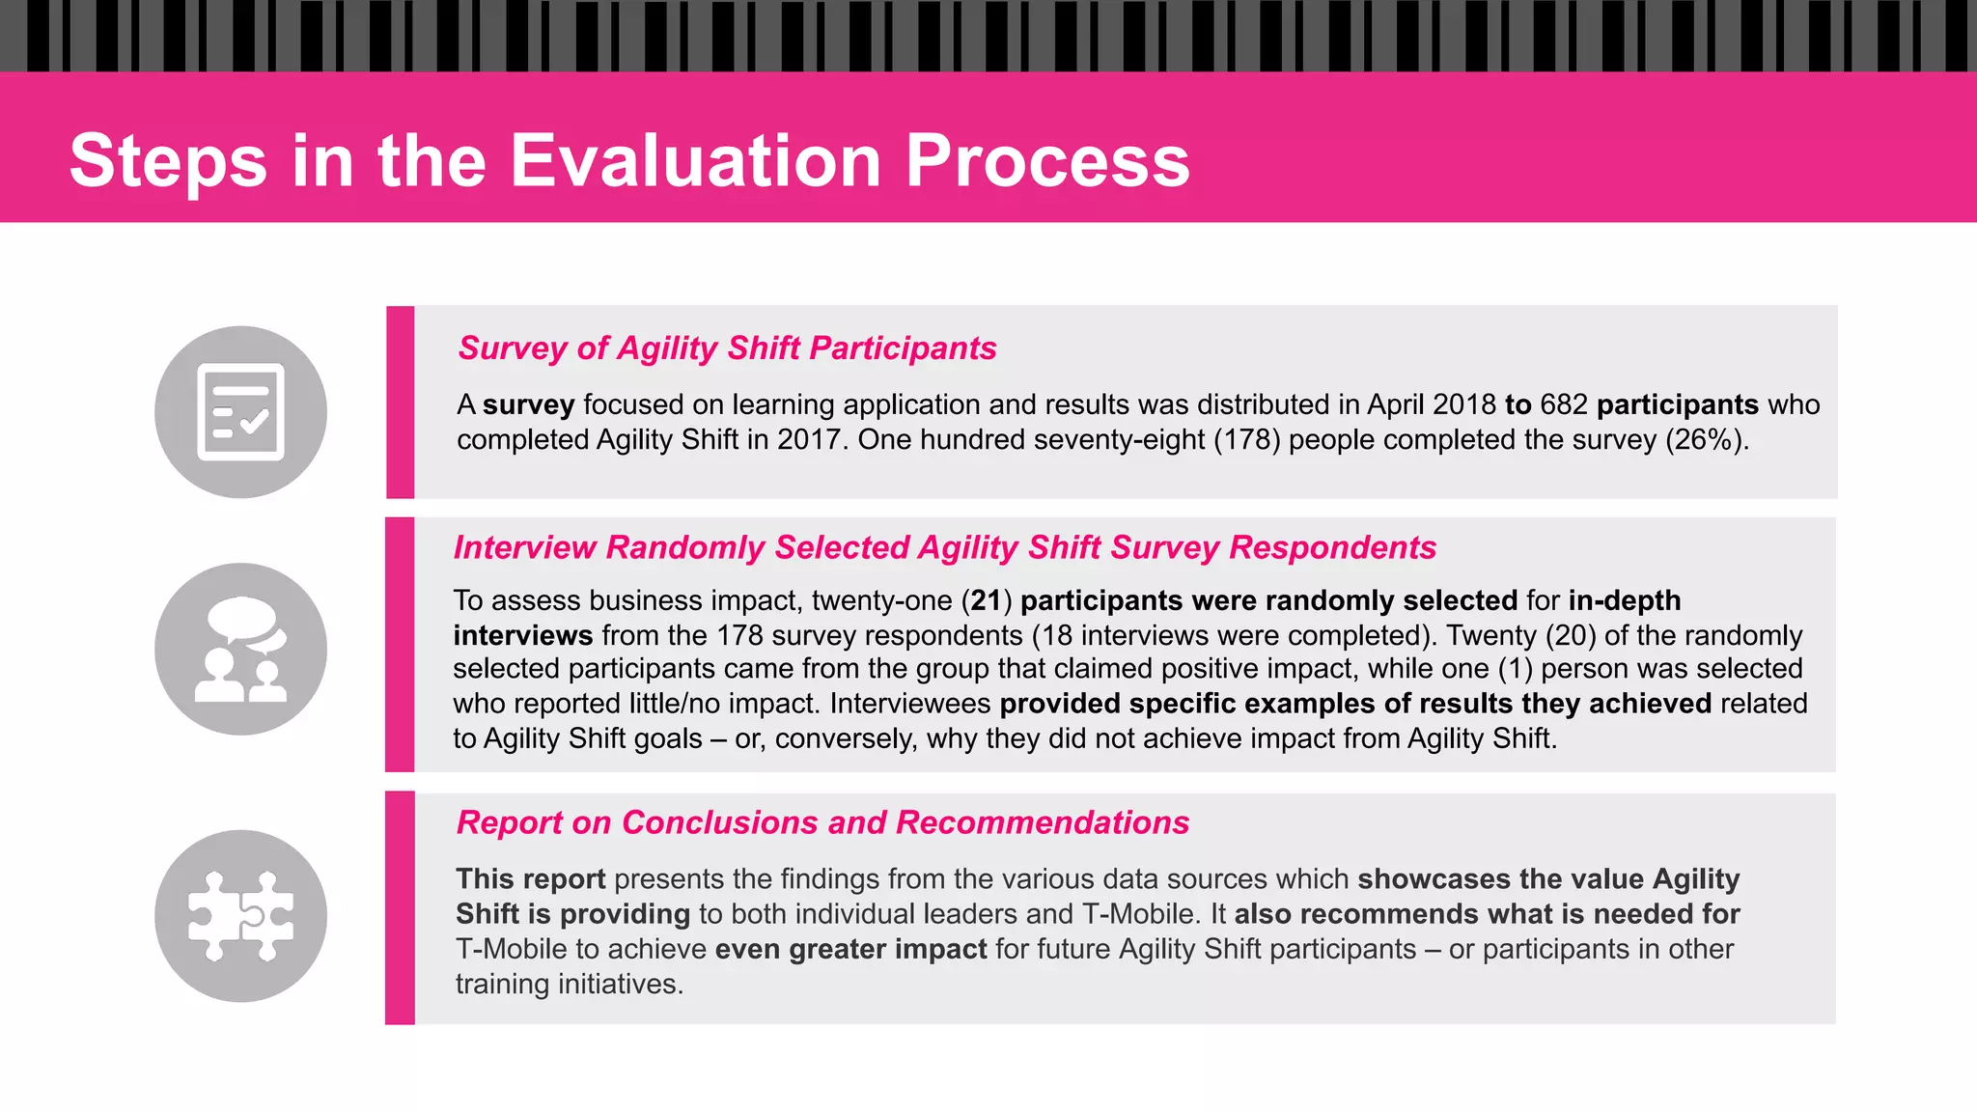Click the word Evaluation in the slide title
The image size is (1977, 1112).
694,160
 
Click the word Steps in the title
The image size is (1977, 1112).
168,162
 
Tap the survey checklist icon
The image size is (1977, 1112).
240,412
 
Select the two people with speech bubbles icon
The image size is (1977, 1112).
240,649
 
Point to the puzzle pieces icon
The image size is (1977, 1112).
240,916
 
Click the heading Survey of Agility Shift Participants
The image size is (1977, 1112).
727,347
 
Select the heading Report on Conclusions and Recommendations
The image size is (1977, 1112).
822,822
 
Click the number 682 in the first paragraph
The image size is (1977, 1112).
1564,404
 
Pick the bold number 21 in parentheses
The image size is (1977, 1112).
986,600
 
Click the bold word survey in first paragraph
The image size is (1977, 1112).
528,404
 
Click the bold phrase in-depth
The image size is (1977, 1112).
1625,600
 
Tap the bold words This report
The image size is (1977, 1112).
530,879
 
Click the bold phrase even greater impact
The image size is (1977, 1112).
850,950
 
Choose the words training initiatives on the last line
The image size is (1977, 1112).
569,985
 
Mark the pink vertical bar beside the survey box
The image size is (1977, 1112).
400,403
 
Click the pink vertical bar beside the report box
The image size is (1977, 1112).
400,908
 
